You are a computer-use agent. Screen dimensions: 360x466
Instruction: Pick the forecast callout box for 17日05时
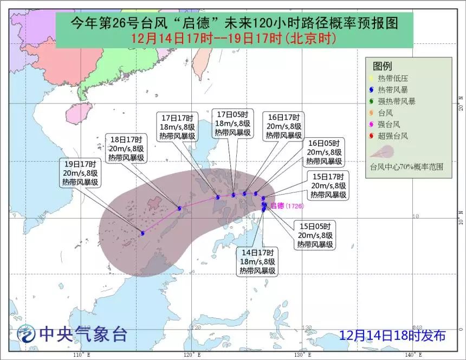coord(232,123)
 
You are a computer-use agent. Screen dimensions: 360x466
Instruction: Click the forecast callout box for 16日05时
coord(323,152)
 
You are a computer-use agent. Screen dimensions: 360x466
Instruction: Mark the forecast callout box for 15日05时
coord(314,235)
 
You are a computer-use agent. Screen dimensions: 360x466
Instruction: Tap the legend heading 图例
coord(382,66)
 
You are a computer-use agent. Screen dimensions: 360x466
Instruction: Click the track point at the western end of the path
coord(143,233)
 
